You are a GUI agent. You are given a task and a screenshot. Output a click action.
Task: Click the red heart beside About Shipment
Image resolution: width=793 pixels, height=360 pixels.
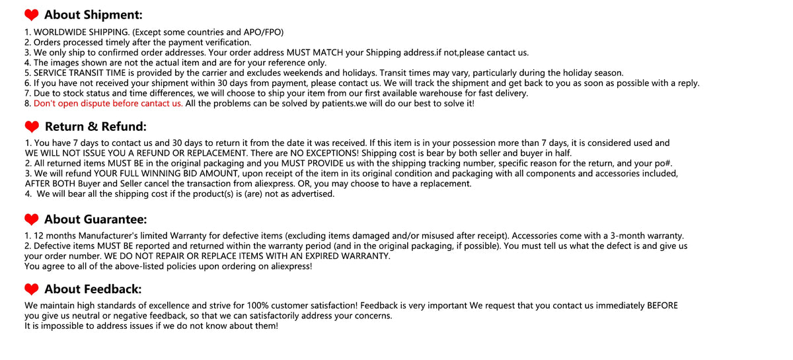[x=31, y=15]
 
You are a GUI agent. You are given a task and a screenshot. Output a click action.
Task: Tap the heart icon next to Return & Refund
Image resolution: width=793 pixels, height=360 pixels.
[x=31, y=127]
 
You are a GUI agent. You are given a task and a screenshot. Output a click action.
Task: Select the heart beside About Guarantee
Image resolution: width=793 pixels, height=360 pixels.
[x=31, y=219]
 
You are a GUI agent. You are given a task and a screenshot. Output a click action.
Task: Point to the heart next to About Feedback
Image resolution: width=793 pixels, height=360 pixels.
[x=31, y=289]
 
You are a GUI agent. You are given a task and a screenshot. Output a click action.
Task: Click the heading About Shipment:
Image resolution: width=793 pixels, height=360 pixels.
[x=93, y=15]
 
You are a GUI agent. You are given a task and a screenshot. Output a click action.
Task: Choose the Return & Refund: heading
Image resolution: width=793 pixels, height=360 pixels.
[x=95, y=127]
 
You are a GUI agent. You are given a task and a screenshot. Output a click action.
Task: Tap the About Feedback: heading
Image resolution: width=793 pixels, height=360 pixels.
[x=93, y=289]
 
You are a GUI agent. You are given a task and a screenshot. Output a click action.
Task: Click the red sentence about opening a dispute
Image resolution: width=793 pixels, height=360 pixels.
[x=108, y=103]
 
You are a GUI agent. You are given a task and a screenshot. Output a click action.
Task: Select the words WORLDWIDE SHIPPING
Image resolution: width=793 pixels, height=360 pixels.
[x=81, y=32]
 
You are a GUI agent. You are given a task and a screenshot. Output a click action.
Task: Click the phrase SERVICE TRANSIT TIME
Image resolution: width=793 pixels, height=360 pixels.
[x=84, y=73]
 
